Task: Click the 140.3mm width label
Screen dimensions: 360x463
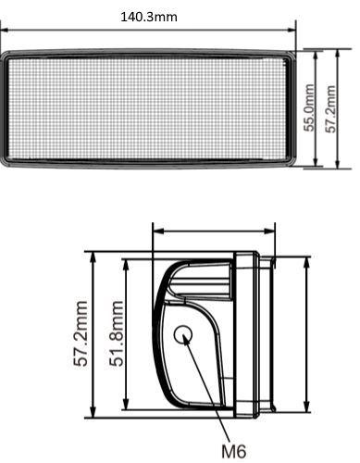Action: click(149, 17)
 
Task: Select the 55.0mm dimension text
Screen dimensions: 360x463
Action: click(309, 107)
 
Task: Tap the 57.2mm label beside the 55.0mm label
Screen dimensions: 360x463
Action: click(330, 109)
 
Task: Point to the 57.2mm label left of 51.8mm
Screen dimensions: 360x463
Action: click(81, 334)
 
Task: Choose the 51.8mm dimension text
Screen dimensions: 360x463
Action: click(117, 334)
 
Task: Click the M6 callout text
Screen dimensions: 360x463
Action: click(234, 452)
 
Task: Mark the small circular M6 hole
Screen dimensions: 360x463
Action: click(183, 334)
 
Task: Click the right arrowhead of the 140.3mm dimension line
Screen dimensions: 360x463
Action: click(292, 30)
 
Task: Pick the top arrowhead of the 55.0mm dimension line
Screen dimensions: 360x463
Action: click(316, 56)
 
